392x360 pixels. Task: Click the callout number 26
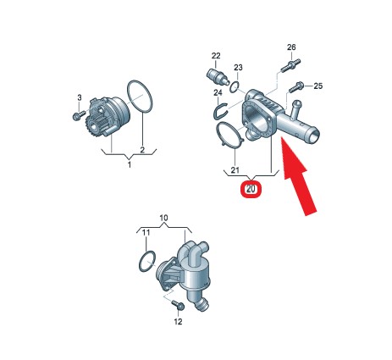click(x=291, y=47)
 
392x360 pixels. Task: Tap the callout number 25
click(x=318, y=86)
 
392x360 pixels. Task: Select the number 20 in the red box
click(x=251, y=189)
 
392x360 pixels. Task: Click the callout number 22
click(x=216, y=56)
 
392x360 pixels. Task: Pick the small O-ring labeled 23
click(x=235, y=87)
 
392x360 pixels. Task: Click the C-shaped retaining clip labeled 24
click(x=220, y=111)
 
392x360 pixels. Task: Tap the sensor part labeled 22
click(x=217, y=75)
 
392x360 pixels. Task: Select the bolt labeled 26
click(x=290, y=65)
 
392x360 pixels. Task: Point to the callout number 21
click(x=235, y=170)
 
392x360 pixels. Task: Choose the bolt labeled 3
click(x=79, y=115)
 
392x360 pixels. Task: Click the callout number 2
click(x=142, y=150)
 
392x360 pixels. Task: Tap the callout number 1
click(x=130, y=164)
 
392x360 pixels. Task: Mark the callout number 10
click(x=163, y=218)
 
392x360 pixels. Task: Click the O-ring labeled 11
click(x=147, y=261)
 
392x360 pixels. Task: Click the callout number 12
click(x=178, y=321)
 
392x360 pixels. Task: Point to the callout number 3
click(x=80, y=97)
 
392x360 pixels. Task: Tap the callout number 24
click(x=218, y=92)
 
